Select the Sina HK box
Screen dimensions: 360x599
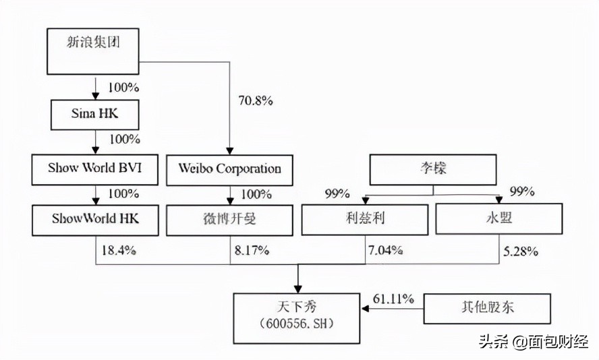(94, 115)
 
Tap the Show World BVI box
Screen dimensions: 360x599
(94, 169)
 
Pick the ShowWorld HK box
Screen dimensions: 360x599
(94, 220)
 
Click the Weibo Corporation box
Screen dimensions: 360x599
(229, 169)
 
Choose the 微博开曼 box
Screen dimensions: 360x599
(229, 220)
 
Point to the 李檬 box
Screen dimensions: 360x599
(432, 169)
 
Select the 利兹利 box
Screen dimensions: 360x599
(364, 220)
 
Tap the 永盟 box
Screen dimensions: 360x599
(499, 220)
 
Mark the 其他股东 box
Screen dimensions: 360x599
(487, 309)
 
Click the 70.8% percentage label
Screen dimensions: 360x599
(255, 101)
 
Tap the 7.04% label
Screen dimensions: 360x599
(385, 250)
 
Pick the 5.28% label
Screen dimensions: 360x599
(520, 251)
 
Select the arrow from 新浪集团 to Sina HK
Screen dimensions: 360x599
(94, 88)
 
